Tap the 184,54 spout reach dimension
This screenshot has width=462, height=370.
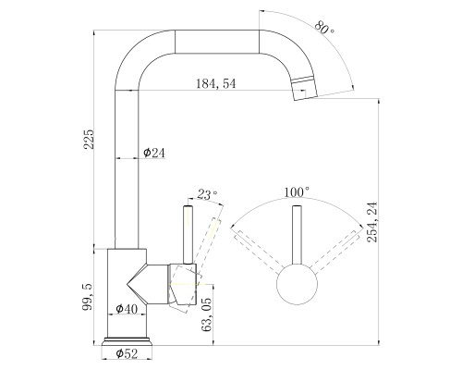click(216, 84)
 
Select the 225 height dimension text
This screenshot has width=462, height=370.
click(89, 140)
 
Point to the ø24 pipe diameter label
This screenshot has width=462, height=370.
click(154, 153)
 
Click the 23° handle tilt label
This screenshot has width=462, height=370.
click(207, 194)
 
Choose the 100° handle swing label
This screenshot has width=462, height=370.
click(297, 192)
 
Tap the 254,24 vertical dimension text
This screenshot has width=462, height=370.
click(372, 222)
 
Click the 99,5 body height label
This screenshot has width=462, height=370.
click(89, 297)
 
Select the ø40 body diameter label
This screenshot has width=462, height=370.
click(127, 308)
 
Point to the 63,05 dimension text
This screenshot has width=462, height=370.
click(207, 314)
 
